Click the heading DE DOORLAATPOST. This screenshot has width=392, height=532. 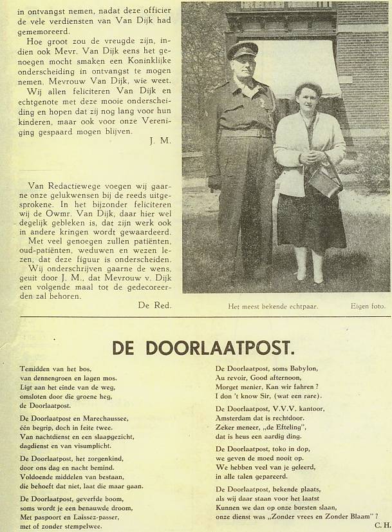203,348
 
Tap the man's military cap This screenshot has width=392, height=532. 242,50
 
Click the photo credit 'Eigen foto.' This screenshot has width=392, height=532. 368,307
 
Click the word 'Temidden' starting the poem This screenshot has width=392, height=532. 35,368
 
